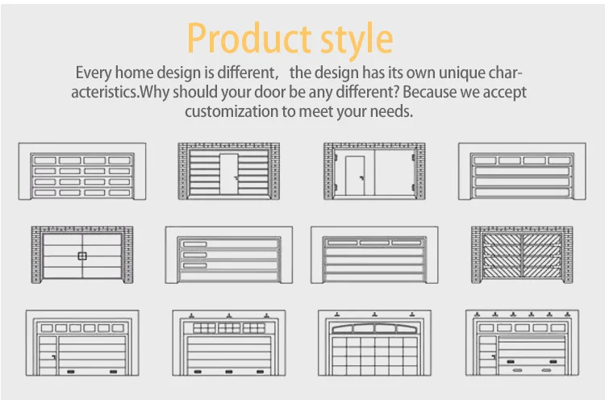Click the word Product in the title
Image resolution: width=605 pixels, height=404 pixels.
click(249, 38)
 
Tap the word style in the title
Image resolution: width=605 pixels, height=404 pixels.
click(357, 40)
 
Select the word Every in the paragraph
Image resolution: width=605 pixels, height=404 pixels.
click(94, 73)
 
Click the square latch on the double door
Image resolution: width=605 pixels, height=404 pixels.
click(82, 256)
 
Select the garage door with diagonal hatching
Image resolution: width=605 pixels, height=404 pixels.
click(522, 255)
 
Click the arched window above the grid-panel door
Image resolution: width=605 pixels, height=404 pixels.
click(374, 329)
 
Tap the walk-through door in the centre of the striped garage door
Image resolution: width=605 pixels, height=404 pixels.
click(229, 173)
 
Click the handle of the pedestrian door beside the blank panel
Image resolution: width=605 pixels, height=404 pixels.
click(361, 178)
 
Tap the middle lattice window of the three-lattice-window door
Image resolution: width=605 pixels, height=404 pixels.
click(229, 328)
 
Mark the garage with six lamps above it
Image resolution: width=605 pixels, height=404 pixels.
click(522, 343)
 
